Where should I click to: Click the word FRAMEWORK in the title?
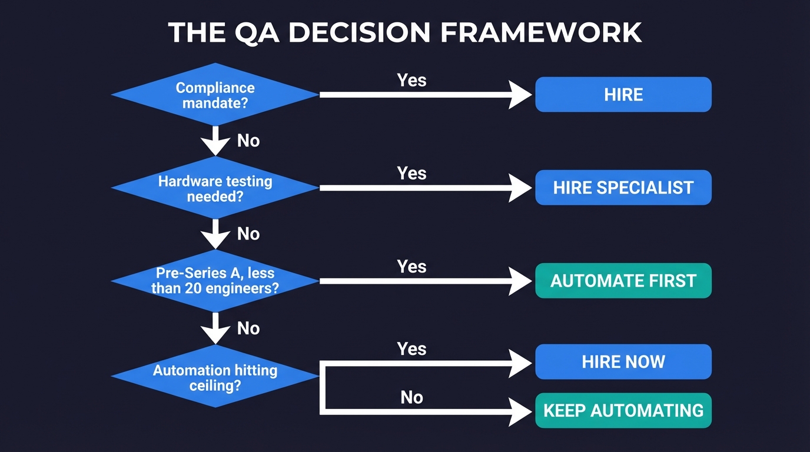click(x=541, y=32)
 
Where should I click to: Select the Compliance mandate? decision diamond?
click(x=215, y=94)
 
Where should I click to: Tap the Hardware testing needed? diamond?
click(x=215, y=188)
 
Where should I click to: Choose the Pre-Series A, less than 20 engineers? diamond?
click(x=215, y=281)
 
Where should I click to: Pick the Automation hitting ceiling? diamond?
click(x=215, y=377)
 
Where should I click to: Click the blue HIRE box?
click(x=623, y=94)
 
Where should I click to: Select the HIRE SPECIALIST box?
click(x=623, y=188)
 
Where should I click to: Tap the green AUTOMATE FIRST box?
click(x=623, y=281)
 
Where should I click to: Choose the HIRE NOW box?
click(x=623, y=361)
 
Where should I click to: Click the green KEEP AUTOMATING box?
click(x=623, y=410)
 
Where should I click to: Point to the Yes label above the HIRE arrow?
click(x=411, y=80)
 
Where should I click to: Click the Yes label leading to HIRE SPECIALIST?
click(x=411, y=173)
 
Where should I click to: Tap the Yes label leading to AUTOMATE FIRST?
click(x=411, y=266)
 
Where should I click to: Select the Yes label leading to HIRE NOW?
click(x=411, y=348)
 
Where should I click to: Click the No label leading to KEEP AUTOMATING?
click(x=411, y=397)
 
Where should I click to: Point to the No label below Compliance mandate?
click(x=248, y=141)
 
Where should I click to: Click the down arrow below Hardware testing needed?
click(x=215, y=234)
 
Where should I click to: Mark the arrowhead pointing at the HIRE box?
click(x=520, y=94)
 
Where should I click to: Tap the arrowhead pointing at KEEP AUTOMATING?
click(x=520, y=410)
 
